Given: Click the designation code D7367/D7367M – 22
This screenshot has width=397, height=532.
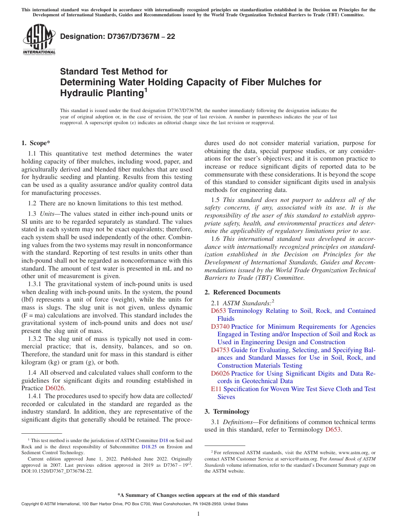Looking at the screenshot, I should pyautogui.click(x=117, y=36).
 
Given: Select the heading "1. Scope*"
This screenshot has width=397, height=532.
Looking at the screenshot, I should pyautogui.click(x=36, y=143).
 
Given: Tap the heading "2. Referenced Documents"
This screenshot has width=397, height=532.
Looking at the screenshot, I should pyautogui.click(x=242, y=292).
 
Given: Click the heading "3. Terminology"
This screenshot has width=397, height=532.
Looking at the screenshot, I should pyautogui.click(x=227, y=411).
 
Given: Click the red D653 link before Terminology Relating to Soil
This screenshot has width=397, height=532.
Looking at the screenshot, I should pyautogui.click(x=219, y=311).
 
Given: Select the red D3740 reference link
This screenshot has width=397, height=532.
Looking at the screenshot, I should pyautogui.click(x=220, y=327).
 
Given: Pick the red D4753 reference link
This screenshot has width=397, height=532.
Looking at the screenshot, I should pyautogui.click(x=220, y=350).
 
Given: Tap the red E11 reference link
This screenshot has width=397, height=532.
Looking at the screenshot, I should pyautogui.click(x=216, y=389).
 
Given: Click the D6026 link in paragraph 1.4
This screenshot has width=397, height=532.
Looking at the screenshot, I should pyautogui.click(x=54, y=388).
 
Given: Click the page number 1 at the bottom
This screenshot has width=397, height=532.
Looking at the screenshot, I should pyautogui.click(x=198, y=514).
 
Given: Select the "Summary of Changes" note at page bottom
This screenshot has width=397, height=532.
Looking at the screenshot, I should pyautogui.click(x=198, y=495).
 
